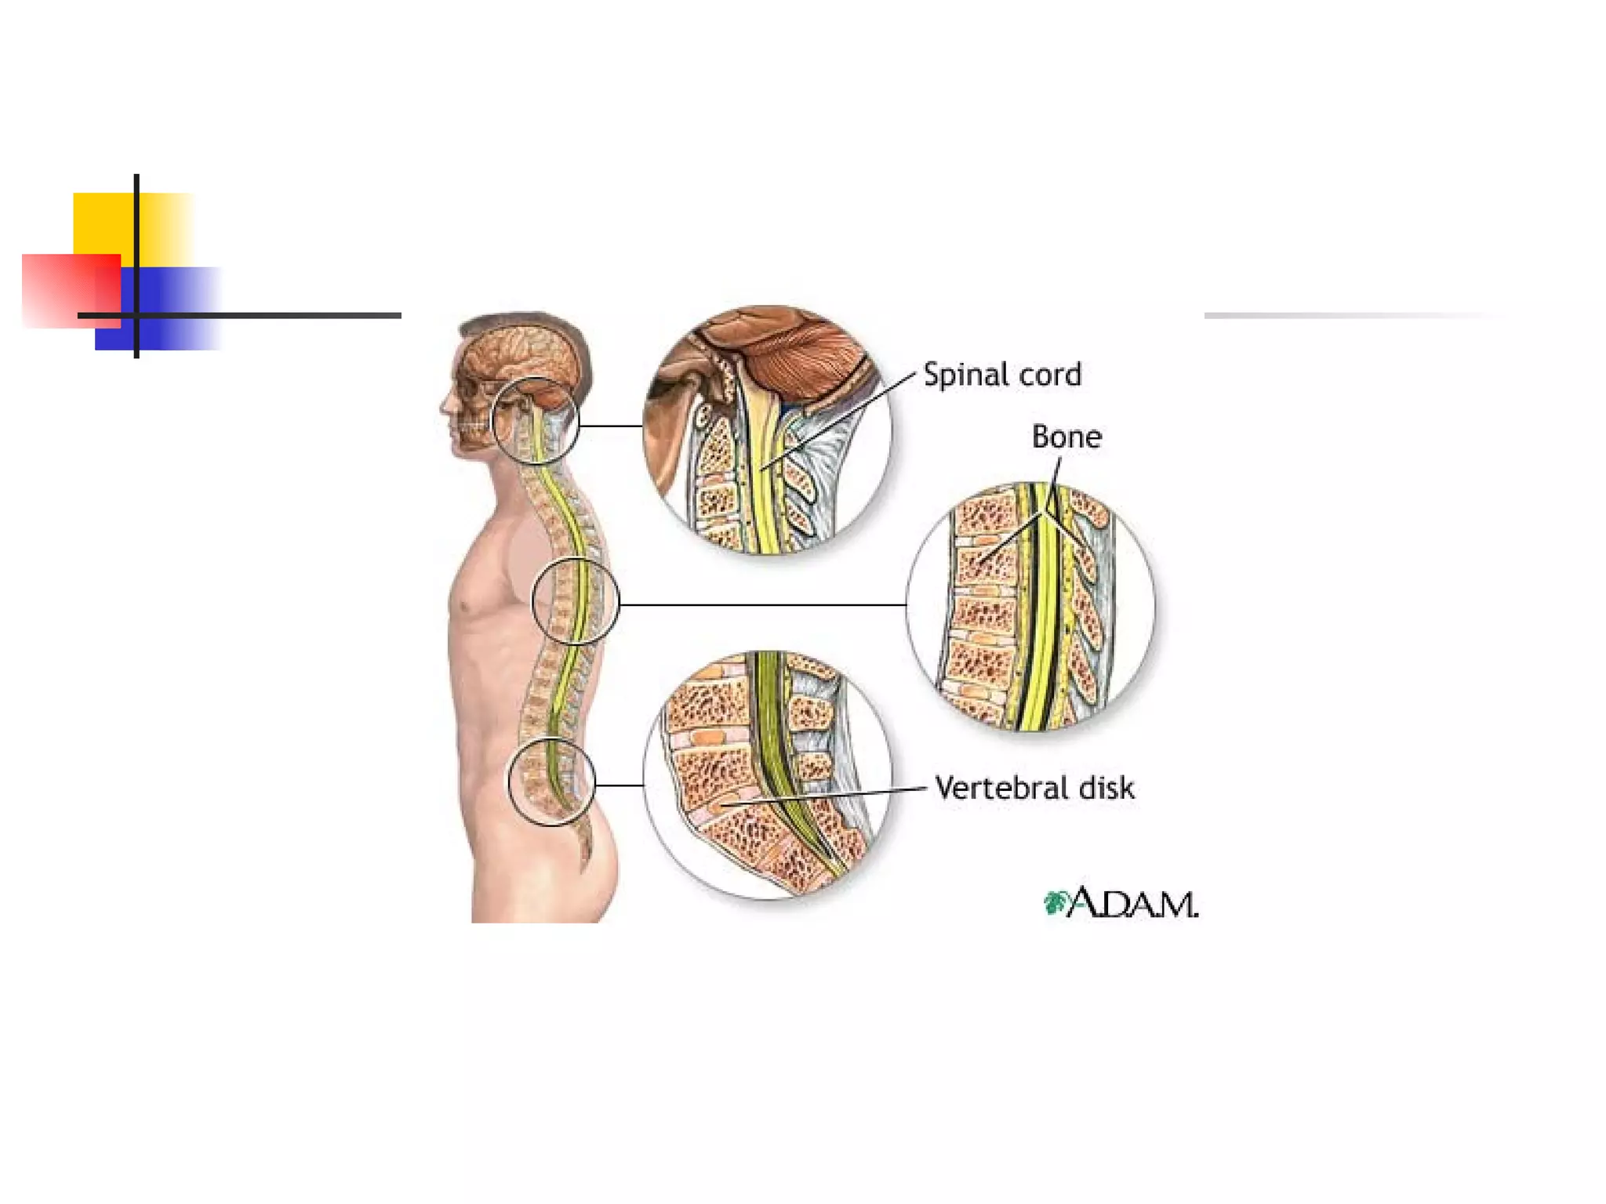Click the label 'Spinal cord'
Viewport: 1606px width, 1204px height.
point(1001,375)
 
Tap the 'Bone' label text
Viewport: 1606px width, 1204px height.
point(1066,437)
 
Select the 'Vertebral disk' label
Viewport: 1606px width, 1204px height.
point(1034,788)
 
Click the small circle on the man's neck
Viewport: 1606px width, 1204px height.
point(535,421)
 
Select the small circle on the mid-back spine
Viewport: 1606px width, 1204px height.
point(576,601)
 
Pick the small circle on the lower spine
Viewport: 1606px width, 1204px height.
point(551,782)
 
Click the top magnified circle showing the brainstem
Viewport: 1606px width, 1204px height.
point(766,430)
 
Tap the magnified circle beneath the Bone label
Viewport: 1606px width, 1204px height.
point(1030,606)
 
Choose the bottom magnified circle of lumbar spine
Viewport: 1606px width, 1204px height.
point(768,775)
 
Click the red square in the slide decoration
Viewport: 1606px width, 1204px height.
point(63,290)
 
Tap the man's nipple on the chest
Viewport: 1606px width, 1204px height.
point(467,607)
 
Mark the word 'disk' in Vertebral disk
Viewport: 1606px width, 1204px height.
point(1106,788)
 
